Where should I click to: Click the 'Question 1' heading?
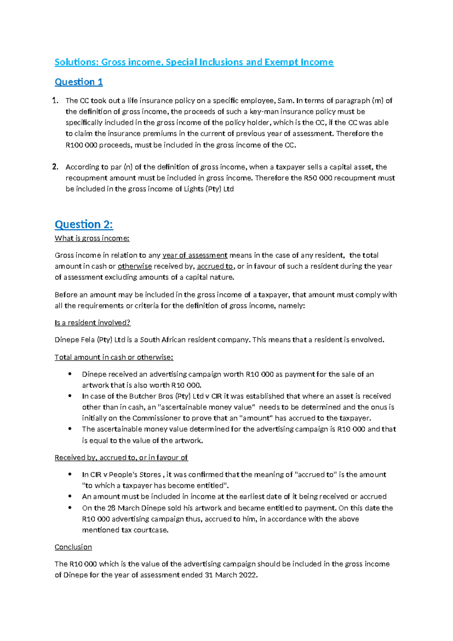pos(79,82)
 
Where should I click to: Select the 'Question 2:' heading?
pos(84,224)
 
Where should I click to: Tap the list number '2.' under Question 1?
pos(55,167)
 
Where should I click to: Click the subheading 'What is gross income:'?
pos(92,238)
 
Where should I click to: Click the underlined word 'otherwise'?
pos(135,266)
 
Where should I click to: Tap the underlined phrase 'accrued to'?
pos(215,266)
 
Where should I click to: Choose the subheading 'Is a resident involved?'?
pos(92,322)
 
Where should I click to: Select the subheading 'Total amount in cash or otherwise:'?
pos(114,357)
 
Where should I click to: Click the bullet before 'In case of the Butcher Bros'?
pos(70,396)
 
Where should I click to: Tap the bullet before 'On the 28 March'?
pos(70,508)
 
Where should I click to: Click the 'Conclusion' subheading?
pos(73,547)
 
